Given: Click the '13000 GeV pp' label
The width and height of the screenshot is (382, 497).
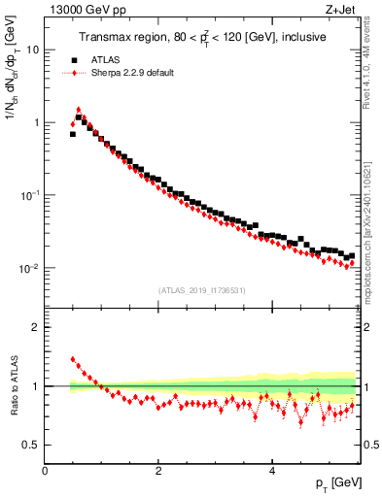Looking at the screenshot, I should (x=82, y=9).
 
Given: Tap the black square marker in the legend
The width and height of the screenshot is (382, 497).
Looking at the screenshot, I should (x=74, y=59).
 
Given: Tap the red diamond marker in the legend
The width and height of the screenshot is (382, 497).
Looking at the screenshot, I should (x=74, y=73).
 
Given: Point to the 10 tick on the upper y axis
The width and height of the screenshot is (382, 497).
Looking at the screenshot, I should (x=33, y=50).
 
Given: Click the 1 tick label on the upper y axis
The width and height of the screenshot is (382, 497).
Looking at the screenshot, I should (x=36, y=122).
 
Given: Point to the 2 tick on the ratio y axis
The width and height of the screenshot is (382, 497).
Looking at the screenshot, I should (x=36, y=327).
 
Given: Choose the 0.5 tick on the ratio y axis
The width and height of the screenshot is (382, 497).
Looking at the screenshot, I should (x=31, y=445).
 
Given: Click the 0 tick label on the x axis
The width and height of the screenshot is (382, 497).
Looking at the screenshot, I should (x=45, y=470).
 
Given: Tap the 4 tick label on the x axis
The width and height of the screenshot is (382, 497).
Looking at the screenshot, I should (x=271, y=470).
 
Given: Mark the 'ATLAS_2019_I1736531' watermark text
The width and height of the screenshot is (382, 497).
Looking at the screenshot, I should (x=202, y=290).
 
